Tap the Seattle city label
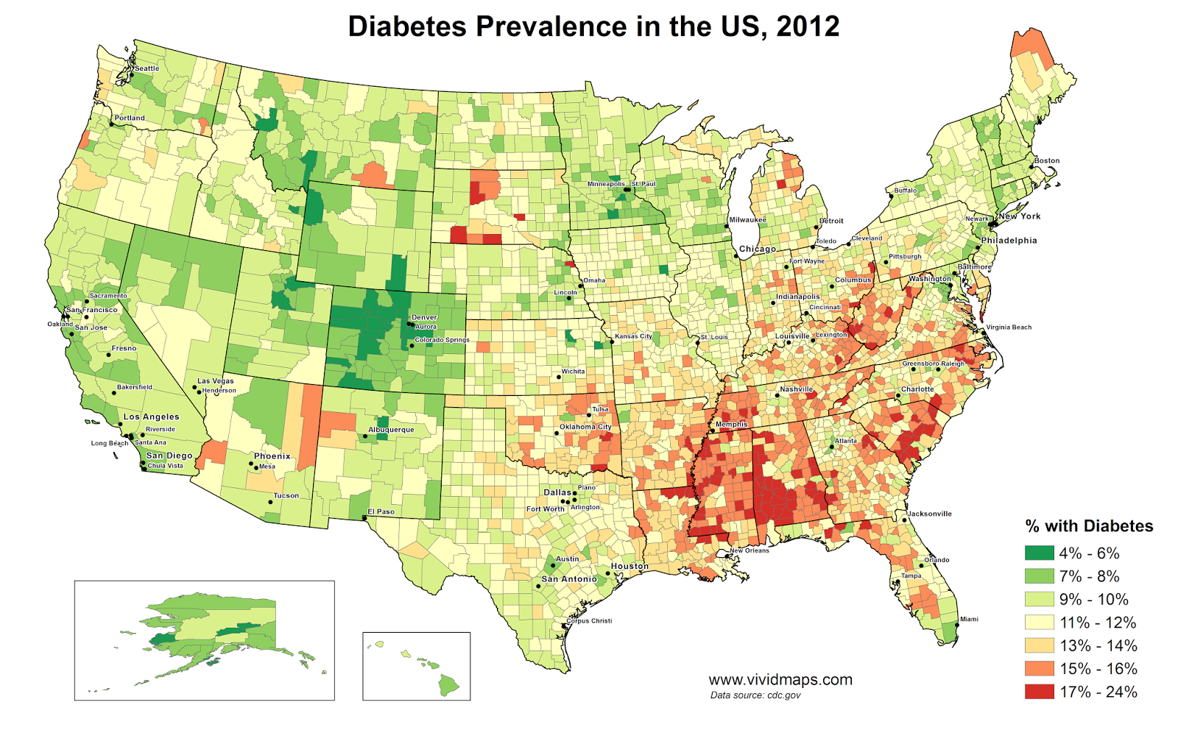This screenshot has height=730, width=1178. [x=147, y=68]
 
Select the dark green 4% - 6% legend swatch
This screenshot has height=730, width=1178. [x=1039, y=553]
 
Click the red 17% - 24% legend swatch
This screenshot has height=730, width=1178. [x=1039, y=692]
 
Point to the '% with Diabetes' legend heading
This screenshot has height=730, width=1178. [x=1089, y=526]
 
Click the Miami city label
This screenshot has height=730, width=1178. [x=969, y=619]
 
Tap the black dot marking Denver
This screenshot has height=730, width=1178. [x=409, y=323]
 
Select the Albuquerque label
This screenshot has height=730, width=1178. [x=391, y=430]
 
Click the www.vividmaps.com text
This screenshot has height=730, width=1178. [x=780, y=680]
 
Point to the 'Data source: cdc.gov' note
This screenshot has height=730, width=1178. [x=755, y=695]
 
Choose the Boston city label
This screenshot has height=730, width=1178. [x=1046, y=160]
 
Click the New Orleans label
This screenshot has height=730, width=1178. [x=749, y=550]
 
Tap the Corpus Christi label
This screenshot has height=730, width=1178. [x=589, y=620]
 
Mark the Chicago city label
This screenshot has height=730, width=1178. [x=757, y=249]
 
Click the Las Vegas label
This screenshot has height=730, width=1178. [x=216, y=381]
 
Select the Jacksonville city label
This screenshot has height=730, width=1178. [x=929, y=514]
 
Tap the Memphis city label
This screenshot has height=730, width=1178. [x=731, y=425]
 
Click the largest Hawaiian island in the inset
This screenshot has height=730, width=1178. [x=448, y=687]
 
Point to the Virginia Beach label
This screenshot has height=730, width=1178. [x=1009, y=327]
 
